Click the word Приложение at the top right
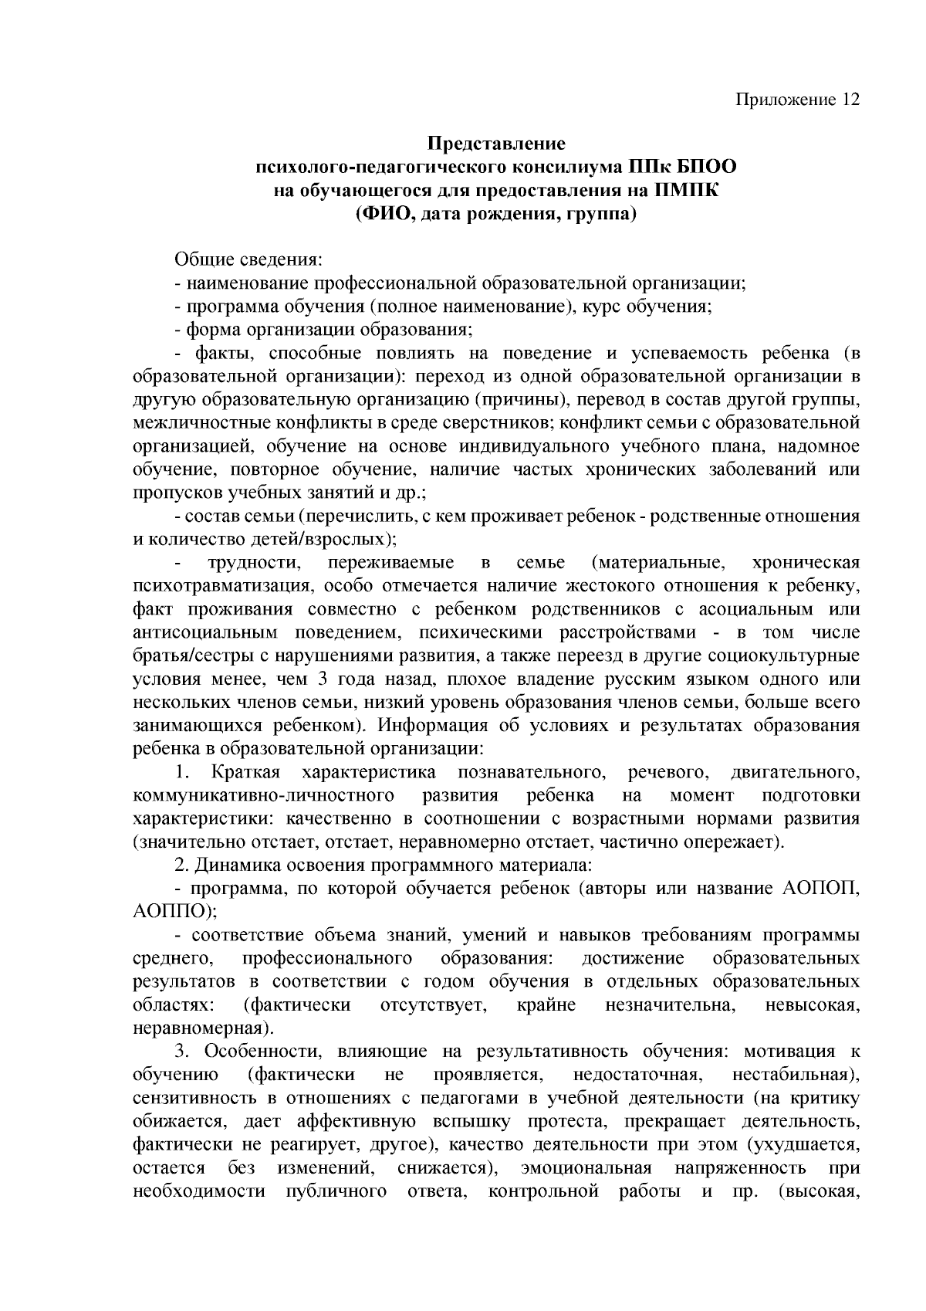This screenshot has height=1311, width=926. point(786,100)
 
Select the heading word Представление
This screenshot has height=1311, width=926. point(496,144)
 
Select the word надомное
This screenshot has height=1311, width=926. point(818,446)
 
